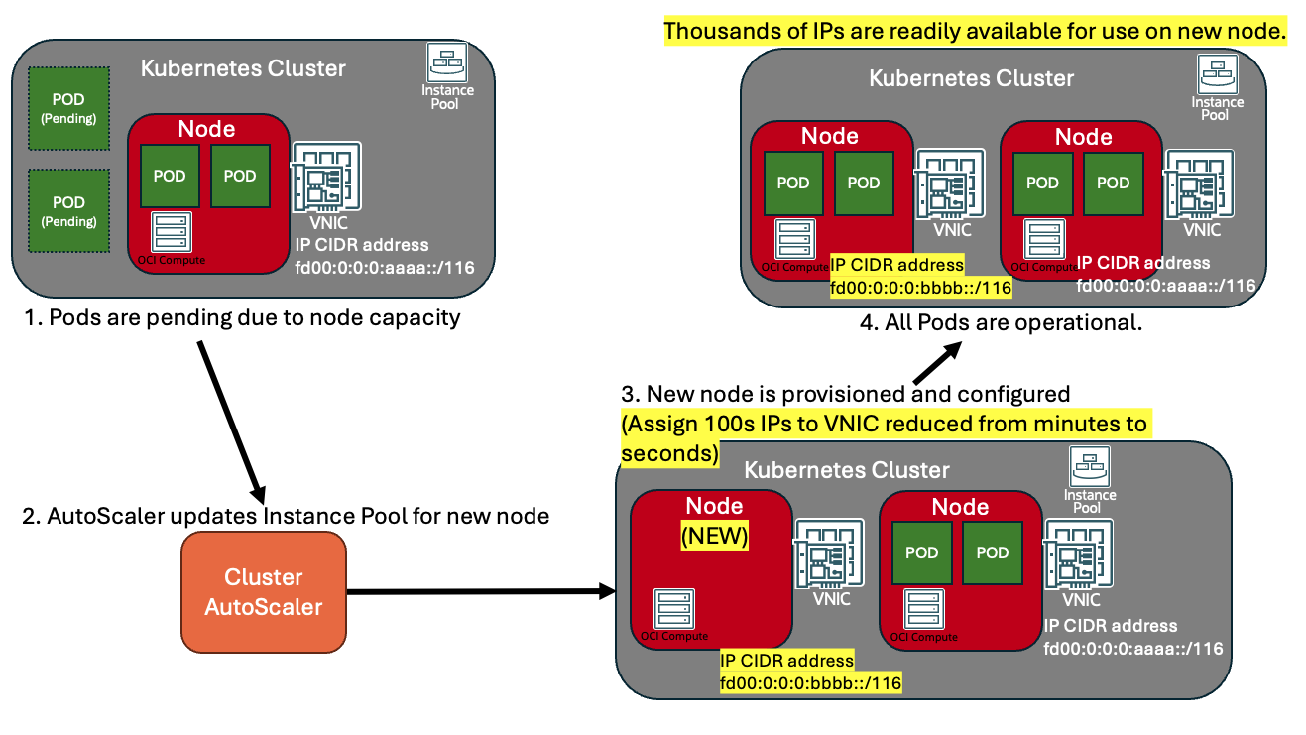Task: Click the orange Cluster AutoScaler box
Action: point(264,591)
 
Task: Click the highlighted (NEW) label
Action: point(714,537)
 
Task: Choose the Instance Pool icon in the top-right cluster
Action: point(1217,87)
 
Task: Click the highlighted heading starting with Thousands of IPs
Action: point(975,32)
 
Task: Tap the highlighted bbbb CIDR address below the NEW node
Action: point(809,673)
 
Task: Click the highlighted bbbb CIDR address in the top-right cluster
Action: point(920,277)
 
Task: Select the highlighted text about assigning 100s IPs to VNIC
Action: point(883,437)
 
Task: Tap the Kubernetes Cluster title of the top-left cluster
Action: point(243,68)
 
